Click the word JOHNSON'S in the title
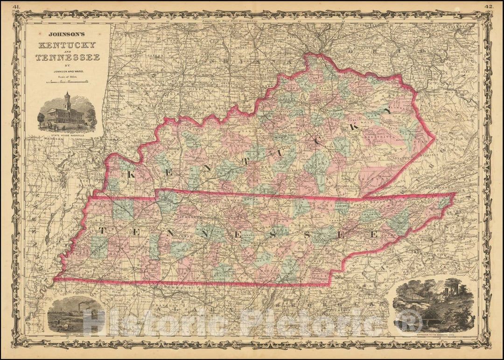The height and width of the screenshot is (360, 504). (66, 34)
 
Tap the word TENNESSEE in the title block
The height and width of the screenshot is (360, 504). (67, 57)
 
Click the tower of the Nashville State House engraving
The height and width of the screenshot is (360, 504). (67, 99)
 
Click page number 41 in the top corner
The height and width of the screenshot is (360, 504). (17, 6)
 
